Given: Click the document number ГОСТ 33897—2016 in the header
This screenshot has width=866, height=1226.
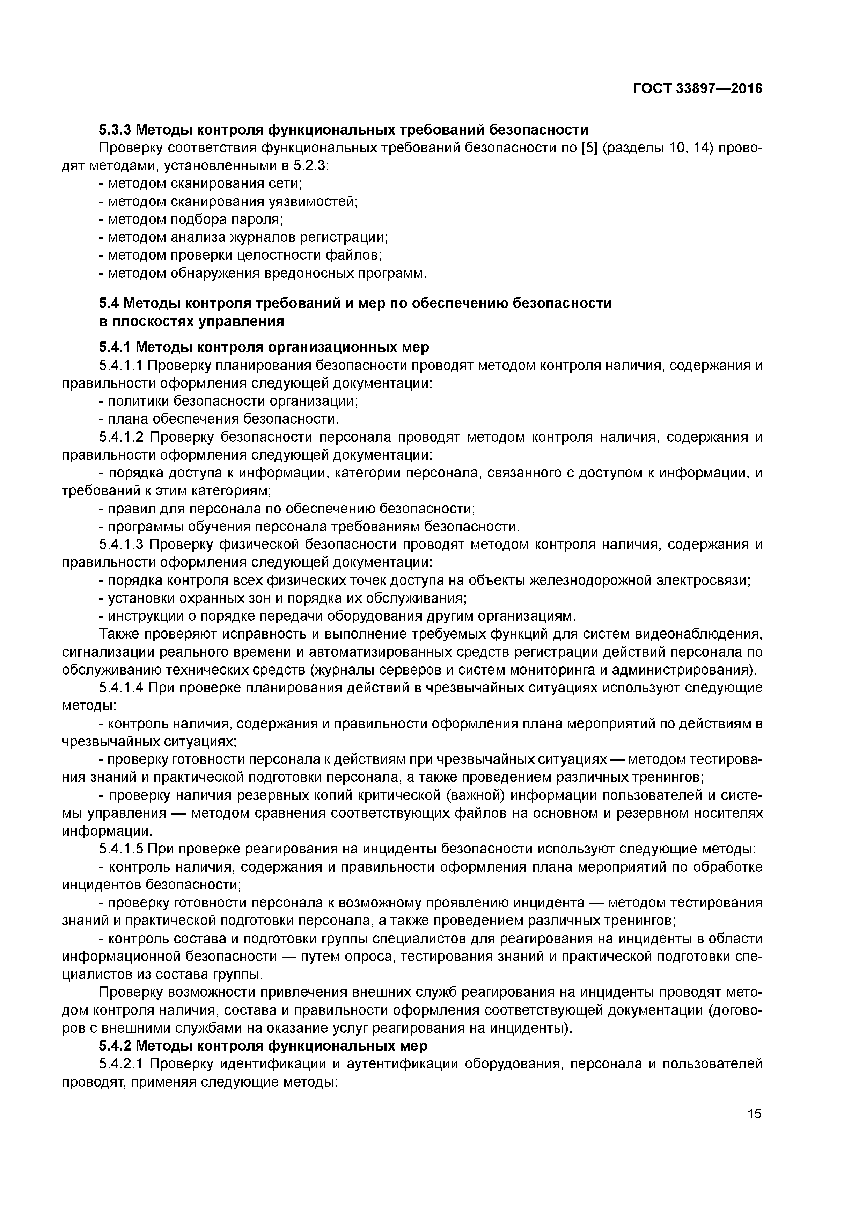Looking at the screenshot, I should coord(697,89).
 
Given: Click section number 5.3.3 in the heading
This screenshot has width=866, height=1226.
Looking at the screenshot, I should coord(115,130).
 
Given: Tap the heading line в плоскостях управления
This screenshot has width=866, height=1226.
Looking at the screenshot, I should coord(191,322).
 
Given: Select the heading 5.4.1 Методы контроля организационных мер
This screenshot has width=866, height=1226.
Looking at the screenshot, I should coord(264,348).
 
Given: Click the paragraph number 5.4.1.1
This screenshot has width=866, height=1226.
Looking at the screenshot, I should coord(121,366).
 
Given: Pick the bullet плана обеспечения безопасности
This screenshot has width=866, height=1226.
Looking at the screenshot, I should coord(219,419).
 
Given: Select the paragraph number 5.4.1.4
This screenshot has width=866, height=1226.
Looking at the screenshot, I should coord(121,688).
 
